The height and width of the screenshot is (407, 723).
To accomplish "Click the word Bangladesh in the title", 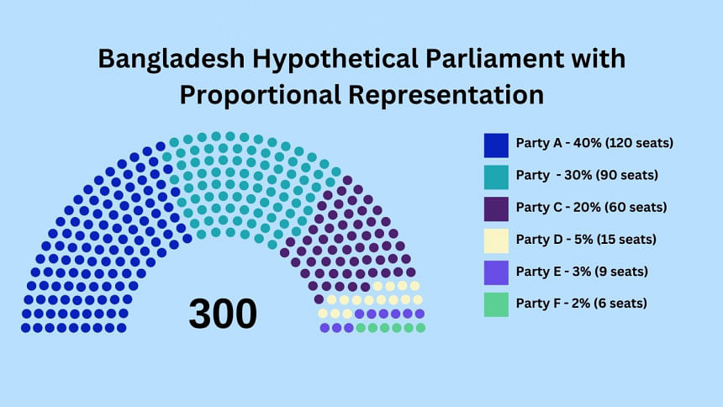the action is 172,60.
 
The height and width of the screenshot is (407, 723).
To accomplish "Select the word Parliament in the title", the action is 495,59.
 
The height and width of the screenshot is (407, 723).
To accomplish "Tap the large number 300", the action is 223,314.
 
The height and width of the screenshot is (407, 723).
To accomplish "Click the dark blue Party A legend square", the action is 496,145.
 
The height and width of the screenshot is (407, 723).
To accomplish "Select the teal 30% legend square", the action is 496,177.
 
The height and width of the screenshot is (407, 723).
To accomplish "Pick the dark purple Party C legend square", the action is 496,209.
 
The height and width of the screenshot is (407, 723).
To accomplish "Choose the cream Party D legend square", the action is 496,240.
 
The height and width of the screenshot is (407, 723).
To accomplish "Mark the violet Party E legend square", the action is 496,272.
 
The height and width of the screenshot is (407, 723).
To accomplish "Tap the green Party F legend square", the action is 496,304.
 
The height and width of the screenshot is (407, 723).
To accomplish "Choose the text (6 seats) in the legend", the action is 620,304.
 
